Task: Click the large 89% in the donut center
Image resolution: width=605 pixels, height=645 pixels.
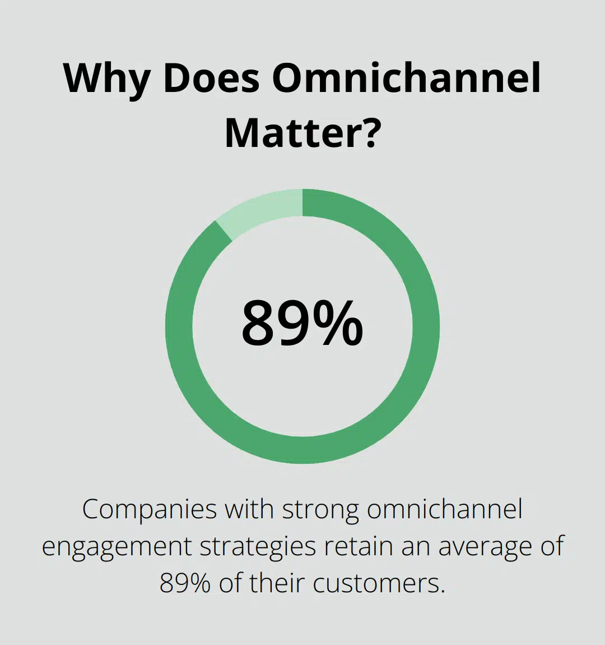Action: click(302, 324)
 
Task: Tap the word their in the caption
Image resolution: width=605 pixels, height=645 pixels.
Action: click(278, 583)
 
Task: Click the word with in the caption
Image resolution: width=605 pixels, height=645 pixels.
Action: click(250, 509)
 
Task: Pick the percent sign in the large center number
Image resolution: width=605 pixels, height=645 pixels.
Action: click(338, 324)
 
